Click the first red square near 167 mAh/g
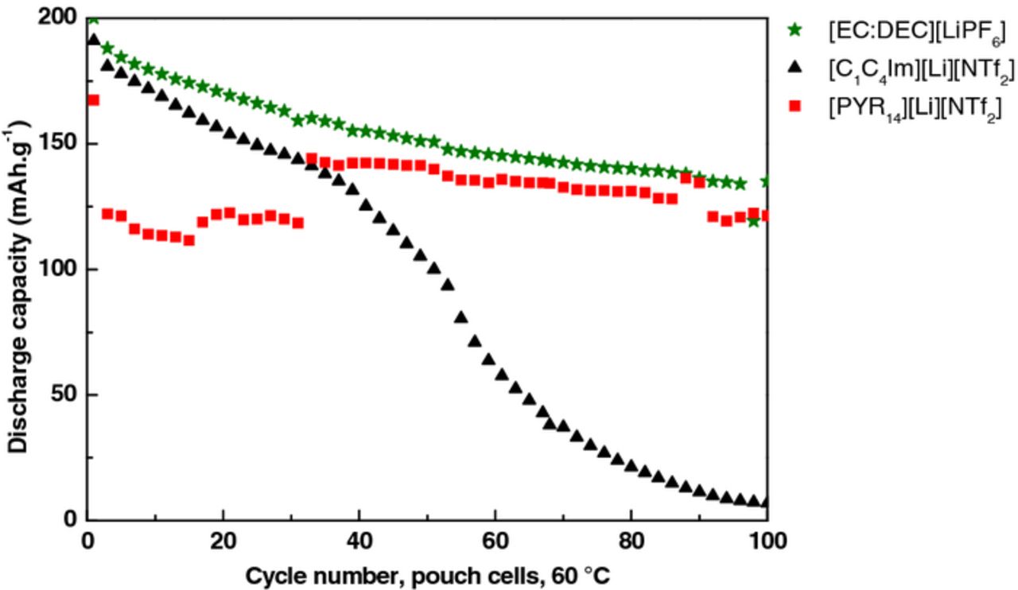93,100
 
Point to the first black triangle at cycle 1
93,40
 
